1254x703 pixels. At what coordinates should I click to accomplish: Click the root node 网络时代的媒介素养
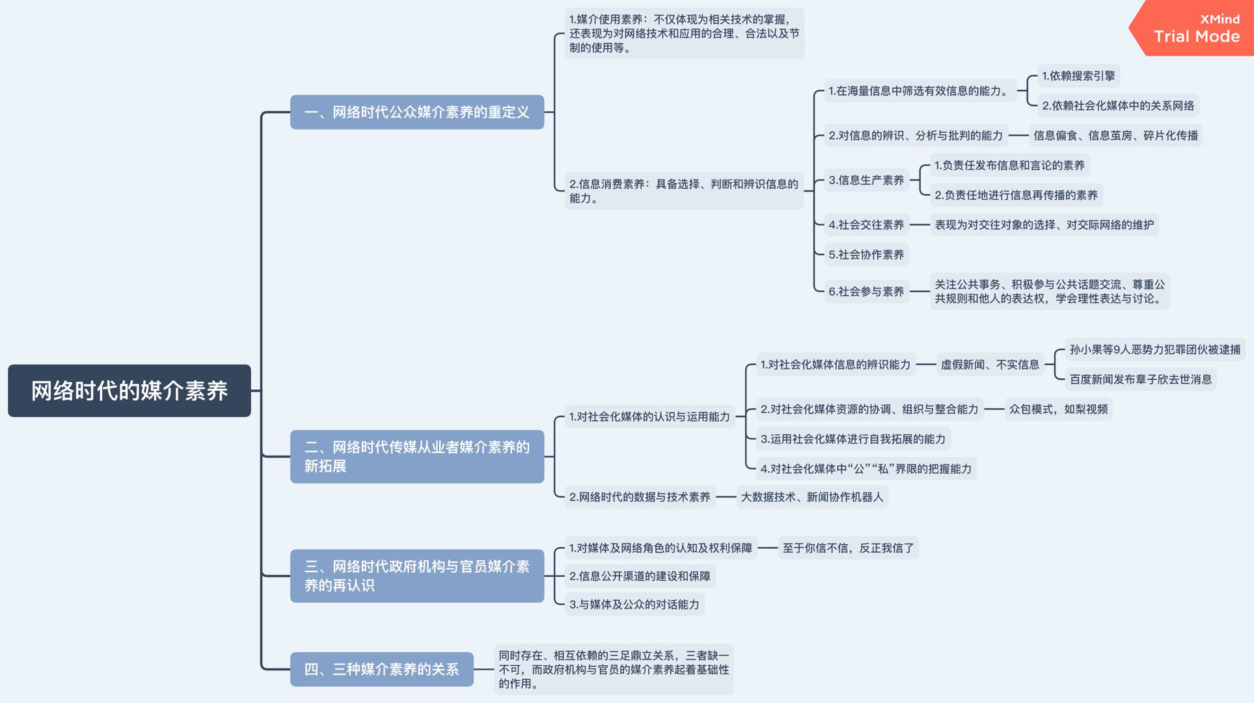click(129, 391)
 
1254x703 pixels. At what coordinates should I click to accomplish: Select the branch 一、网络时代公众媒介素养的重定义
click(416, 112)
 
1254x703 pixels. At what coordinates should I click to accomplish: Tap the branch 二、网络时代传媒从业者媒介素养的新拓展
click(416, 456)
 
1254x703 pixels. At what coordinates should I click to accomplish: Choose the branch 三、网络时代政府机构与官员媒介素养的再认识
click(416, 575)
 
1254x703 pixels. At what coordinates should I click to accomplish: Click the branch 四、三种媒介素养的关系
click(381, 669)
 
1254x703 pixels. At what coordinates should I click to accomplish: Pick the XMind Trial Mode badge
click(1196, 29)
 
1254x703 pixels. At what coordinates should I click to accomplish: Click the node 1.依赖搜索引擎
click(1078, 76)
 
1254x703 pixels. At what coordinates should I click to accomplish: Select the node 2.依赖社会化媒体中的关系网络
click(1118, 105)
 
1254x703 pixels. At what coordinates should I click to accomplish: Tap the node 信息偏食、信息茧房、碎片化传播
click(1115, 135)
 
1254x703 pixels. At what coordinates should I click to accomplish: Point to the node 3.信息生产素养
click(866, 180)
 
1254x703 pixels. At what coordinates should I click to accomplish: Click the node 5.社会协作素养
click(866, 255)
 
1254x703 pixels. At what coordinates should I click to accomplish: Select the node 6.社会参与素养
click(866, 292)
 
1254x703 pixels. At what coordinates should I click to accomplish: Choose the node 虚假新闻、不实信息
click(990, 365)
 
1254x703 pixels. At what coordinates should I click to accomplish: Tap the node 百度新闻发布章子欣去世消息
click(1140, 379)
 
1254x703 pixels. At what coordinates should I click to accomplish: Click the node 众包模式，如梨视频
click(1058, 409)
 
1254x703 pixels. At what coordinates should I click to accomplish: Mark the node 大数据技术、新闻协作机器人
click(812, 497)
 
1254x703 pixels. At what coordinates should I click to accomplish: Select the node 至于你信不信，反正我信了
click(848, 548)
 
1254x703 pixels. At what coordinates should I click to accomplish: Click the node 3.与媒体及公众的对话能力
click(634, 605)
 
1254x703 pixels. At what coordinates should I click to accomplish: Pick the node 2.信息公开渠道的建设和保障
click(640, 576)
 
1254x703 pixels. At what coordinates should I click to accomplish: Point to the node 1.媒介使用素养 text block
click(683, 34)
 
